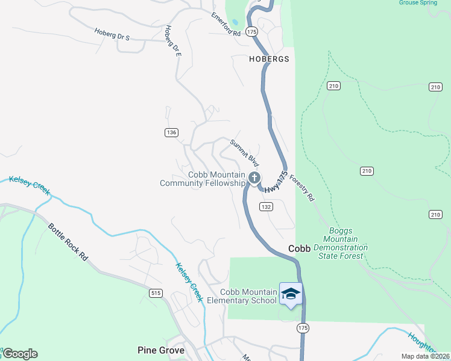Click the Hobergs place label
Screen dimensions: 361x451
pos(269,59)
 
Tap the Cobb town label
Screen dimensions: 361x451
pos(299,248)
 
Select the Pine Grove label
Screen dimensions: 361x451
pos(160,350)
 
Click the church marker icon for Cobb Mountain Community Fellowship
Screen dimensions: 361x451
pos(254,177)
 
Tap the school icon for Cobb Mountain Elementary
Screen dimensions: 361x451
pos(291,293)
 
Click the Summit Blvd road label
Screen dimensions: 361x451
pos(244,153)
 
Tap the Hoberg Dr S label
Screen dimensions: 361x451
pos(112,34)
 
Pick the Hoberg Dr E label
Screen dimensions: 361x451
pos(173,41)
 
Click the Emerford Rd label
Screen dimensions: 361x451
pos(225,25)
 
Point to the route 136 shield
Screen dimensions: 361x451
pos(171,132)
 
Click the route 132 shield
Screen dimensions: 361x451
pos(266,206)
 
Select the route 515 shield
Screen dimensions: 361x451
pos(156,292)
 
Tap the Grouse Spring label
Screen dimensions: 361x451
pos(417,2)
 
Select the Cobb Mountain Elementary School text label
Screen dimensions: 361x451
pos(242,296)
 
